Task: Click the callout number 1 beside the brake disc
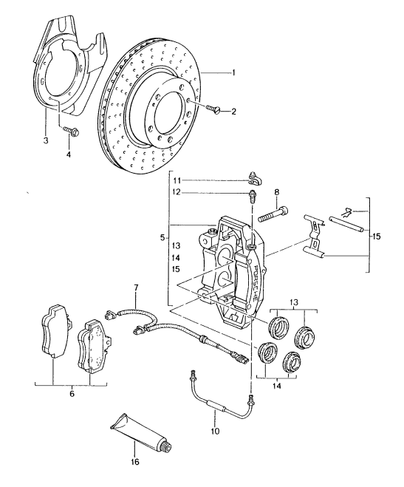(x=233, y=72)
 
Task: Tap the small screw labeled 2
(x=213, y=109)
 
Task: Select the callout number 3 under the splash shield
(x=46, y=140)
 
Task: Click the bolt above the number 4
(x=72, y=131)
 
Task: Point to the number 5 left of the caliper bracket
(x=162, y=239)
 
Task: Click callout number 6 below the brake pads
(x=72, y=394)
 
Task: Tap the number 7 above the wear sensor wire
(x=136, y=287)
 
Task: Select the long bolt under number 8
(x=272, y=214)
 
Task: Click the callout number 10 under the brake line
(x=215, y=431)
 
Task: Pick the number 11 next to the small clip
(x=177, y=180)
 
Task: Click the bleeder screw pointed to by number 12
(x=253, y=196)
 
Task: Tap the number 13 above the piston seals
(x=294, y=302)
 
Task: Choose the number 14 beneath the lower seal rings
(x=277, y=386)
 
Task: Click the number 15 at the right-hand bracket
(x=377, y=236)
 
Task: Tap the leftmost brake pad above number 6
(x=54, y=331)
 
